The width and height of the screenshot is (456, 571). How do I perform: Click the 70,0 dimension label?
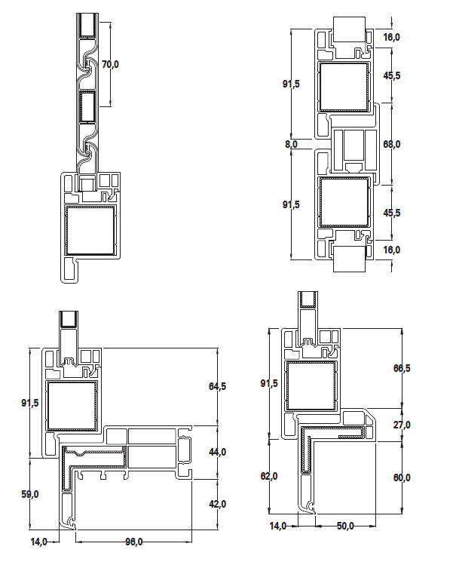110,64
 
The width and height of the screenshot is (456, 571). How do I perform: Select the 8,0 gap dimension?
291,144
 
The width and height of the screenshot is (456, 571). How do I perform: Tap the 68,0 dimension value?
392,144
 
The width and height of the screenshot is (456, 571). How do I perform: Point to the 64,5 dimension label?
217,386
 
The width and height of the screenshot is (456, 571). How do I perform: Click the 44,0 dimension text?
217,452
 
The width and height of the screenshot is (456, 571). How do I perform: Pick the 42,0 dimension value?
217,504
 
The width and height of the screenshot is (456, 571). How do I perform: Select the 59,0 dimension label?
30,494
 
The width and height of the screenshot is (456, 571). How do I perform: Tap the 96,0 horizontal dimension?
134,542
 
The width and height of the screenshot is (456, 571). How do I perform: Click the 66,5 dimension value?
402,368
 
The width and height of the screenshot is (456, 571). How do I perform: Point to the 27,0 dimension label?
402,425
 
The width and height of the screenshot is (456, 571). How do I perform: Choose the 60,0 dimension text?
402,477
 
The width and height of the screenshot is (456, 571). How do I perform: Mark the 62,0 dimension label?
269,476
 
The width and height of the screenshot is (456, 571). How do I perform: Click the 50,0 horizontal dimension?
345,526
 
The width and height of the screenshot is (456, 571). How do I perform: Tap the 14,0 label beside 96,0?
39,542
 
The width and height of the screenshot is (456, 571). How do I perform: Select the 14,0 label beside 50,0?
277,526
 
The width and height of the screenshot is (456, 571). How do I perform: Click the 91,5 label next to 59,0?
30,403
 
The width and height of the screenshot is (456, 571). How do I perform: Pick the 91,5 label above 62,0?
269,383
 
